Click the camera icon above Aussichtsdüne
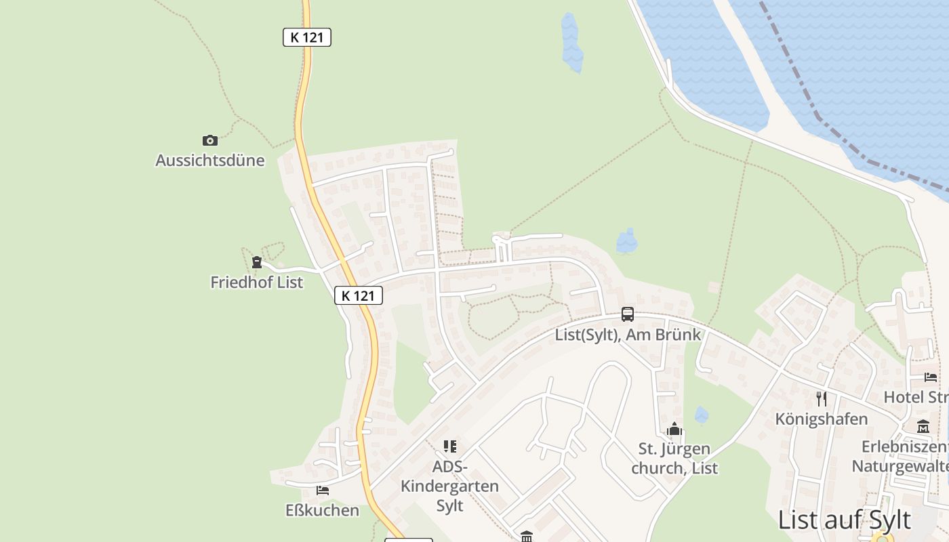point(210,140)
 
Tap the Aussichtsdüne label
point(210,161)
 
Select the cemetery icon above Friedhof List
point(256,262)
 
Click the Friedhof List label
point(256,282)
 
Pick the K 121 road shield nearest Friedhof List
point(359,295)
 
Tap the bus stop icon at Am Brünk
point(628,314)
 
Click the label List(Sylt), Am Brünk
point(628,334)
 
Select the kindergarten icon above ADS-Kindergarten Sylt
point(450,446)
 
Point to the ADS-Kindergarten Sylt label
point(449,486)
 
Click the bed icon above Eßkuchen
point(323,490)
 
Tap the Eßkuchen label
point(323,510)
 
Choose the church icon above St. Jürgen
point(674,429)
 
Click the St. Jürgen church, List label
point(674,458)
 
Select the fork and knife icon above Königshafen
point(822,398)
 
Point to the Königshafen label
point(822,419)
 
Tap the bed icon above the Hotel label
point(930,377)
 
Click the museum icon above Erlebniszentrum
point(923,427)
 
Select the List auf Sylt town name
point(845,520)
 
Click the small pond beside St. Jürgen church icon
point(702,415)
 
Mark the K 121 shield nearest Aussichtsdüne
point(307,37)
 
